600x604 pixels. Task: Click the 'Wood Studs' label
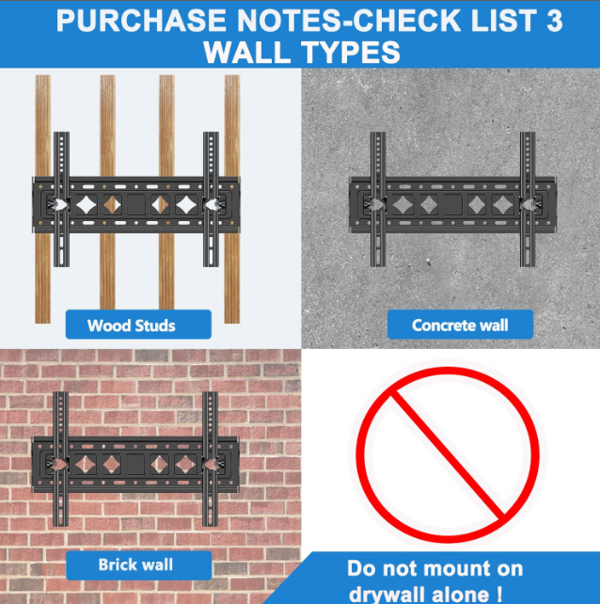coord(138,325)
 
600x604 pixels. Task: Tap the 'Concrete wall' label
coord(460,325)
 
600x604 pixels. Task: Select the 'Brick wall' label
coord(138,565)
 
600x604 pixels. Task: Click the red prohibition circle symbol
coord(448,454)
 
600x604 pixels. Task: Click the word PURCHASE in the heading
coord(141,21)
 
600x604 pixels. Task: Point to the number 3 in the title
coord(554,21)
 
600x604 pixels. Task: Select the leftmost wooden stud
coord(42,199)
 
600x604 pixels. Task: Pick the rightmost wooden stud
coord(232,199)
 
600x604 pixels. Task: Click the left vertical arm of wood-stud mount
coord(61,199)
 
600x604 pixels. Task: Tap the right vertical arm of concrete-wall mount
coord(528,199)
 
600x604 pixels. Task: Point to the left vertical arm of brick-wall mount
coord(60,459)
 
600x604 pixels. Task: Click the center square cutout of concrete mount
coord(452,204)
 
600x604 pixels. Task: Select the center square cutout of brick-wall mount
coord(135,464)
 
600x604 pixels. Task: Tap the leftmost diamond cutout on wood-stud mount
coord(86,204)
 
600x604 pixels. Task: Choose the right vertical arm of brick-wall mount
coord(210,459)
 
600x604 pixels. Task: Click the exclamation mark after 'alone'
coord(499,594)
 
